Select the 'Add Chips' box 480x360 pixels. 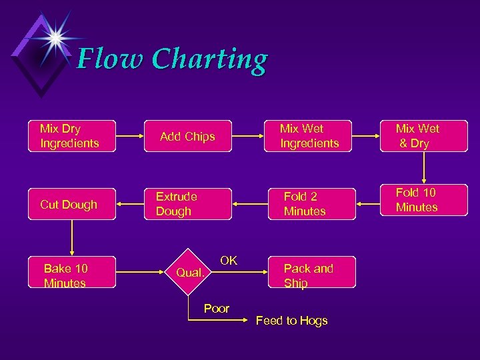point(187,137)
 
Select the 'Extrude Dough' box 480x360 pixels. point(187,204)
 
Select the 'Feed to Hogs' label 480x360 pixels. point(292,321)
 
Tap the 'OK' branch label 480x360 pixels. point(229,261)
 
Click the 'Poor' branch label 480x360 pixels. point(217,309)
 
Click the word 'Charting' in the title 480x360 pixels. point(209,60)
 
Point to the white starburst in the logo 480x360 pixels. point(55,37)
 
